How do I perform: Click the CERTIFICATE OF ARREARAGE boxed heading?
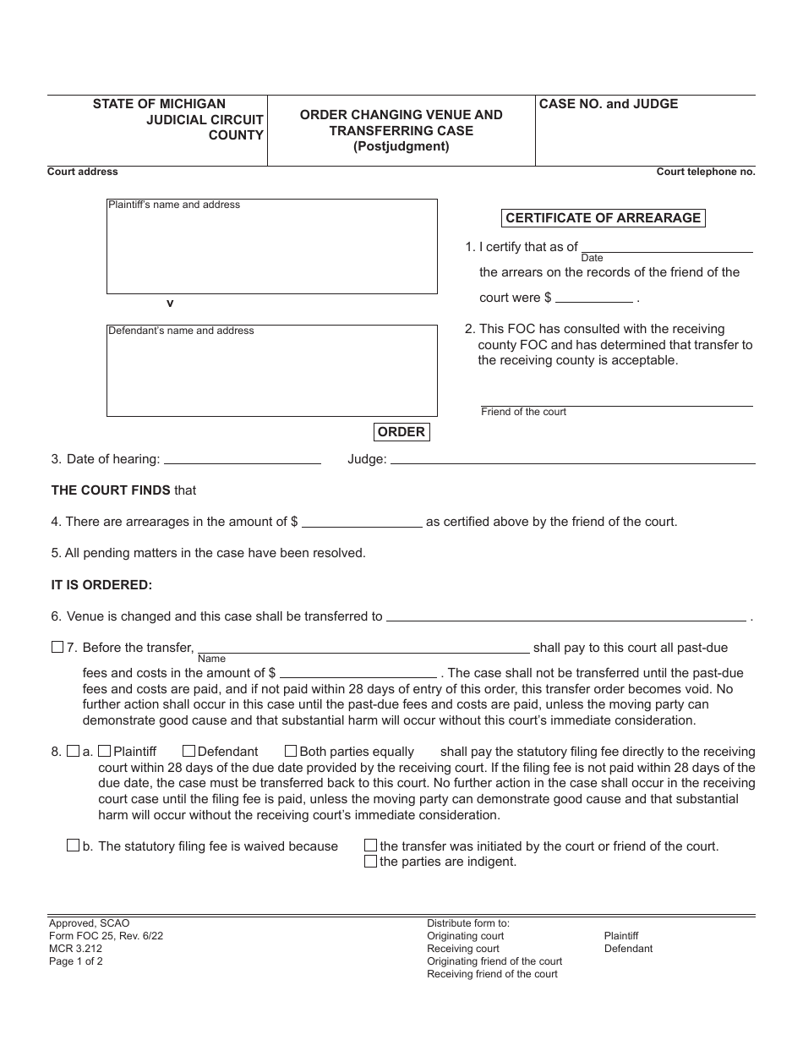603,218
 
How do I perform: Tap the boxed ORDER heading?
401,432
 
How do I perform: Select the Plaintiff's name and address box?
271,246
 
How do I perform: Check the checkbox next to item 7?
57,648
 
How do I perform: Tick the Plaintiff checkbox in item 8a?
105,751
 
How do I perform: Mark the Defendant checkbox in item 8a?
189,751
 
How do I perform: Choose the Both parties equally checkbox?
291,751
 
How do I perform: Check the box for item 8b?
73,846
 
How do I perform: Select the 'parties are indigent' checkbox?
370,862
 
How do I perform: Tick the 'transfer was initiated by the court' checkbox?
370,846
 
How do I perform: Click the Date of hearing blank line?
242,459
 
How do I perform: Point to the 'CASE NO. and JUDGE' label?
609,104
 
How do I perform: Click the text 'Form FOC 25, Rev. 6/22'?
101,936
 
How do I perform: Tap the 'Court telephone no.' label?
706,172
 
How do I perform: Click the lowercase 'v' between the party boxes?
170,304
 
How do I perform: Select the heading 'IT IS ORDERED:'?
102,585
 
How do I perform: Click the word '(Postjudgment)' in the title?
401,146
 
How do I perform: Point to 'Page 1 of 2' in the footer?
76,961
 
